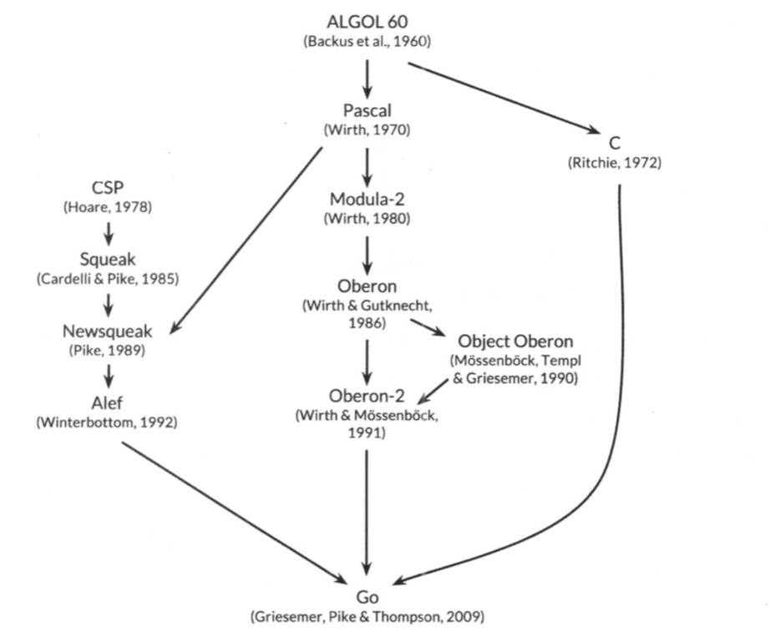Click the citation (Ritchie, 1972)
tap(613, 163)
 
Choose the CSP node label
tap(108, 185)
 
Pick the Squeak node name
tap(108, 258)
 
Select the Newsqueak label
tap(108, 331)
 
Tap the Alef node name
tap(107, 404)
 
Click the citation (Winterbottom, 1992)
tap(107, 423)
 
